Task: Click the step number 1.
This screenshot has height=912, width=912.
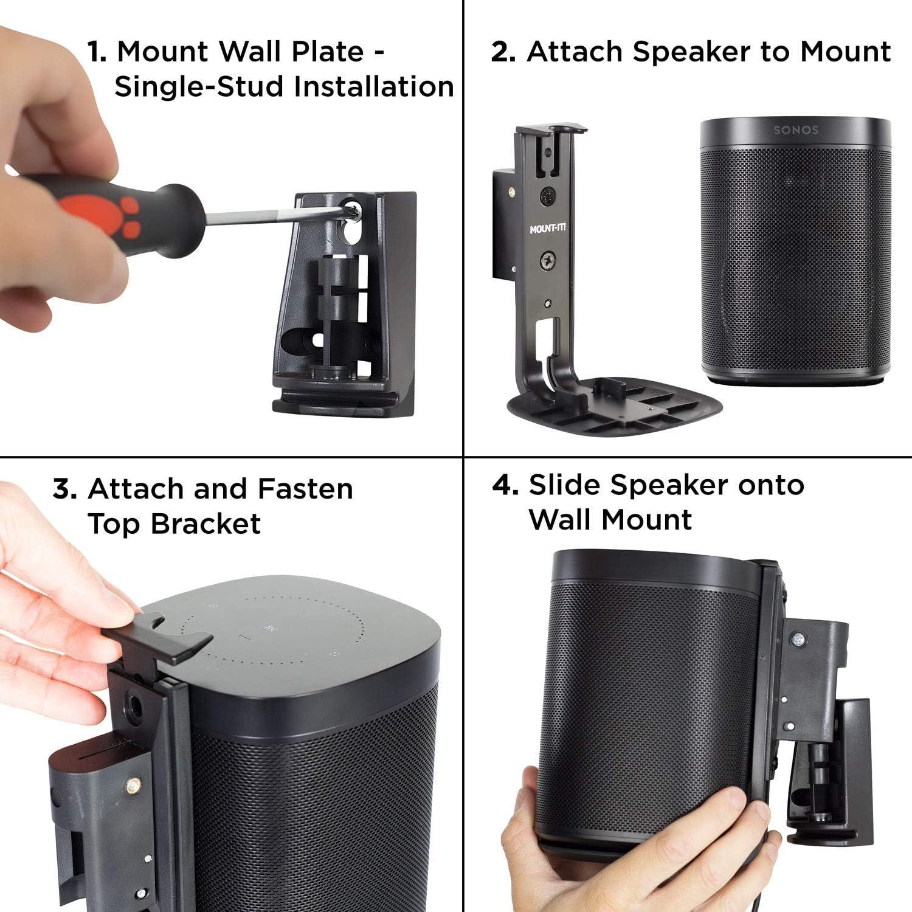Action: point(96,52)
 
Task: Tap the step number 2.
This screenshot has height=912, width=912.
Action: point(503,52)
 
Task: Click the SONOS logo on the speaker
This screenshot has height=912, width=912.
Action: point(795,130)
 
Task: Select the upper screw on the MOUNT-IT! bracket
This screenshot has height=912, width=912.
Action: point(546,196)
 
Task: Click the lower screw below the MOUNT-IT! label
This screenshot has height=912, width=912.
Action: point(547,262)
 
